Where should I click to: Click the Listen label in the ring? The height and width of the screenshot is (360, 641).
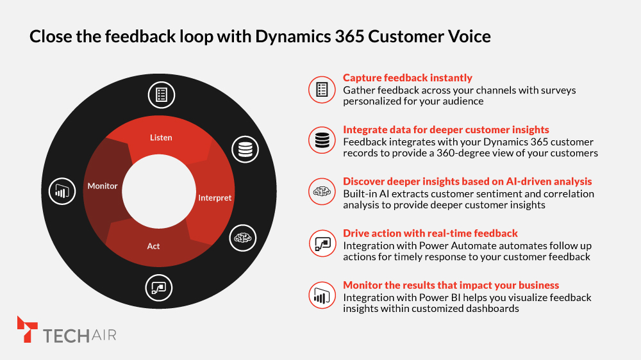point(161,138)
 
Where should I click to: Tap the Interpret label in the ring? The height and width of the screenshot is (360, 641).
point(215,198)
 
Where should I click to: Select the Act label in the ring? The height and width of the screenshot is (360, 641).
point(154,246)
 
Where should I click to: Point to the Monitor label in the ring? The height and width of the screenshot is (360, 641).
point(103,186)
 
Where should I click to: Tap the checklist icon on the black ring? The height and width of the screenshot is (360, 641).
point(162,95)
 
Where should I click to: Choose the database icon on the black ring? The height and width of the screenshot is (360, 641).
point(244,149)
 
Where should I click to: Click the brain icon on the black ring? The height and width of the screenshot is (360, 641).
point(243,238)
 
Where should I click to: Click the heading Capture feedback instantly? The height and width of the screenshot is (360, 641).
point(408,78)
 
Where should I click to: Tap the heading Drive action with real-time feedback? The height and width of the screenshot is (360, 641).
point(430,233)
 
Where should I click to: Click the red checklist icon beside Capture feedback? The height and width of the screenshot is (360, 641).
point(321,89)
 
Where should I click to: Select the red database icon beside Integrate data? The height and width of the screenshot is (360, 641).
point(321,140)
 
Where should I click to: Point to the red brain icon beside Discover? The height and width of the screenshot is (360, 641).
point(321,192)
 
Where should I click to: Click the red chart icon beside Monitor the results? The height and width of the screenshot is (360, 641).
point(321,296)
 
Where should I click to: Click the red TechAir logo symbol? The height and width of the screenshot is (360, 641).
point(27,329)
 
